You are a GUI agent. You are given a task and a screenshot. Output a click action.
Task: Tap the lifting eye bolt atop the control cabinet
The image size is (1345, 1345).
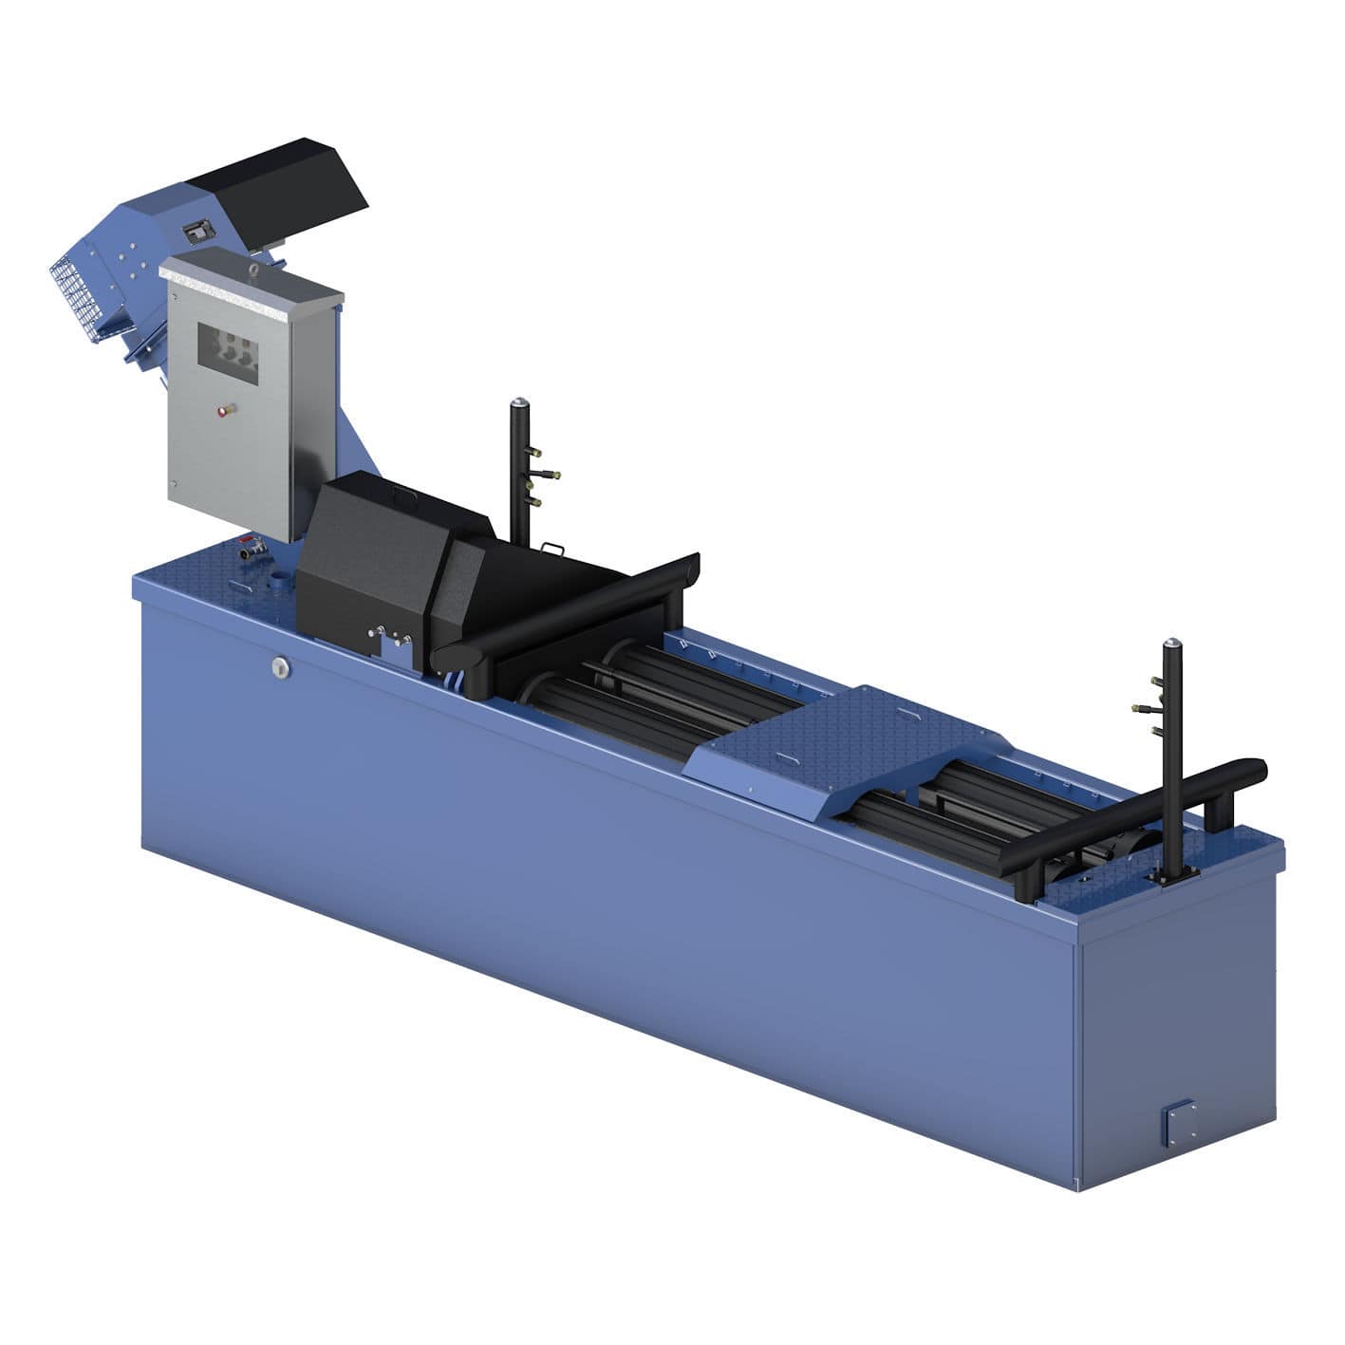(x=252, y=271)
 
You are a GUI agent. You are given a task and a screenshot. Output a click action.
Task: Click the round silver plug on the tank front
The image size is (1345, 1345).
(x=279, y=668)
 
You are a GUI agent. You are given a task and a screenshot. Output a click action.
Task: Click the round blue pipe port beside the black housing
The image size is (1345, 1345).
(x=280, y=578)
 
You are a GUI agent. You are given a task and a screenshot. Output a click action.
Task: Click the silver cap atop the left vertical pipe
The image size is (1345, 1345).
(x=518, y=403)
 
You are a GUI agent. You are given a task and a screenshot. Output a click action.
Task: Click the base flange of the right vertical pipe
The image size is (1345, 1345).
(x=1170, y=880)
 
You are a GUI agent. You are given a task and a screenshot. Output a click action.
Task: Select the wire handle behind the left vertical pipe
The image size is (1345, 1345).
(x=551, y=548)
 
